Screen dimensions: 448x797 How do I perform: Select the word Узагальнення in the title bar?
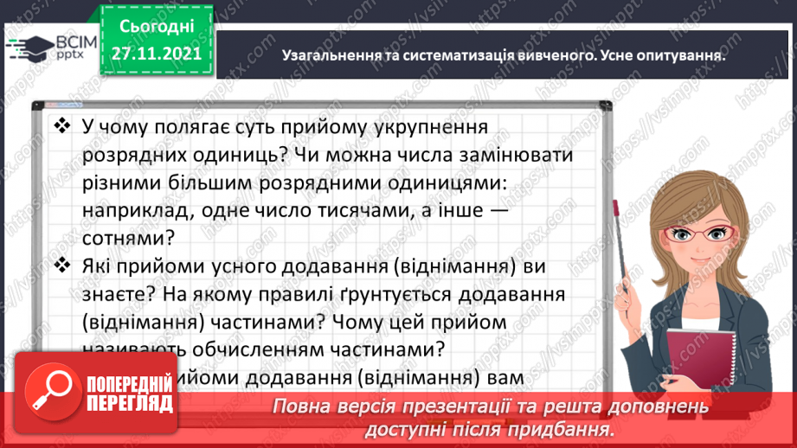(329, 54)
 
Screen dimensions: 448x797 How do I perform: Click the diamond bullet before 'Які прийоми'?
(61, 264)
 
